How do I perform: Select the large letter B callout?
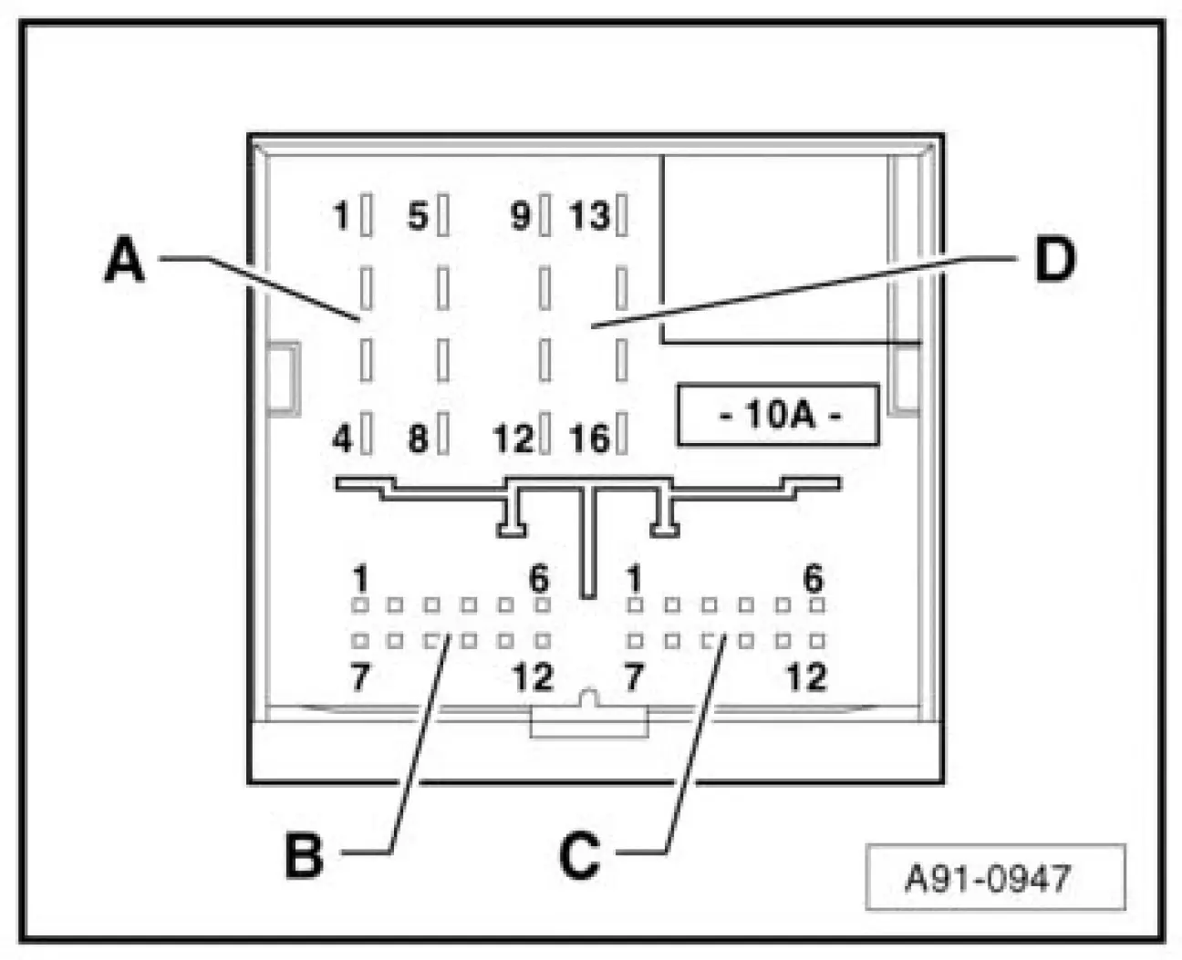point(304,855)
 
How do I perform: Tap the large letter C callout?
point(580,855)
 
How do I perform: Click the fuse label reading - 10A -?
point(778,416)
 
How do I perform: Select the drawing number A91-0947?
point(994,878)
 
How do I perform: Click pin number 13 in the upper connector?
point(589,217)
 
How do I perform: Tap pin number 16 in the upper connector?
point(589,439)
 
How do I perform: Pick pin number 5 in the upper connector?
point(417,217)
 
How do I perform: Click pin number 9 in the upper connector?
point(520,217)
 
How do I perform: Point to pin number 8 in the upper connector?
point(417,439)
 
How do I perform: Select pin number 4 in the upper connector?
point(341,439)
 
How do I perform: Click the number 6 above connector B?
point(539,578)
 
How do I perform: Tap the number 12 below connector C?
point(806,677)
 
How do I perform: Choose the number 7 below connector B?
point(360,677)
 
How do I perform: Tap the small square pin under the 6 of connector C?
point(818,605)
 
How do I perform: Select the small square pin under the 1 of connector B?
point(360,605)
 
